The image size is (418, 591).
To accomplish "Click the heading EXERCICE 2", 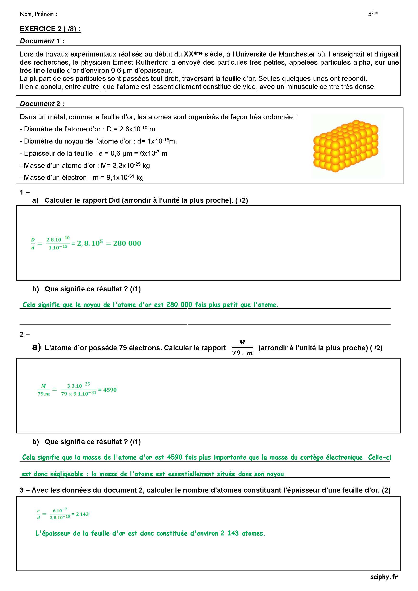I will click(x=50, y=29).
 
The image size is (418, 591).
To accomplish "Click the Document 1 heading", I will click(x=42, y=41).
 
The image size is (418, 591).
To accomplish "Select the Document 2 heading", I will click(x=42, y=104).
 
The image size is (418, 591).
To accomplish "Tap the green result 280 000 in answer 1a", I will click(x=127, y=243).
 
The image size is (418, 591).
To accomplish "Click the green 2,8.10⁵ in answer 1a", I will click(x=90, y=243).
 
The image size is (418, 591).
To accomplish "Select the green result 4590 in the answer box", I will click(x=110, y=390).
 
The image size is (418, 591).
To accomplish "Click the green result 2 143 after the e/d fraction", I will click(x=82, y=514).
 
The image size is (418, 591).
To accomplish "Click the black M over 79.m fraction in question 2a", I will click(x=242, y=348).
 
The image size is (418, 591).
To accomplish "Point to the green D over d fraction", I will click(x=33, y=243).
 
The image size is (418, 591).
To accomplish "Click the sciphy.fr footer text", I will click(x=384, y=577).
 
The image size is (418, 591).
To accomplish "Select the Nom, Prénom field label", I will click(x=38, y=14).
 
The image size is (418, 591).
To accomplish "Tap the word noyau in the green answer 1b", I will click(x=91, y=305).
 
